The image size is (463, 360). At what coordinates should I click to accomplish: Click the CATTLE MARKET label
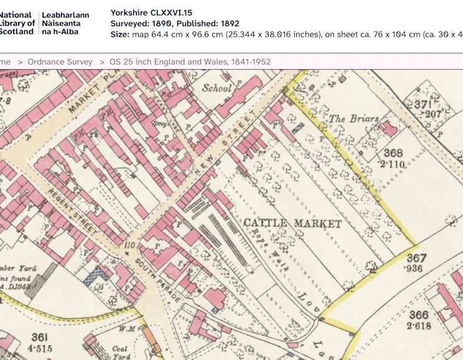(x=292, y=223)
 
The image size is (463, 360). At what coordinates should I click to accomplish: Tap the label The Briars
(x=346, y=118)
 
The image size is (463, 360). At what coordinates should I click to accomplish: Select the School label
(x=217, y=88)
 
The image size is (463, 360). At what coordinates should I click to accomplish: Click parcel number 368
(x=393, y=153)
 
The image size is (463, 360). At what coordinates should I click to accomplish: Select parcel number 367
(x=416, y=258)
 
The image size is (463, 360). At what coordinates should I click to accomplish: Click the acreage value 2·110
(x=393, y=164)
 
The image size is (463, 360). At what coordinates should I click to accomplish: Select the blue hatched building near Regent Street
(x=96, y=275)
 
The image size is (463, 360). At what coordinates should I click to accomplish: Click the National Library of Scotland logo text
(x=17, y=23)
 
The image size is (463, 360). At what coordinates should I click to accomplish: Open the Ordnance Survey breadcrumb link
(x=60, y=62)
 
